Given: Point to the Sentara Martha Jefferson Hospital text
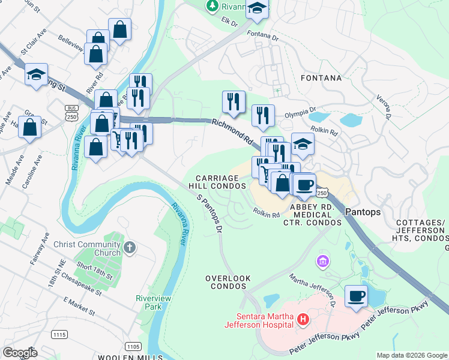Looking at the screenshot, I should point(258,320).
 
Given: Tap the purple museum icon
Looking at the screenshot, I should point(323,262).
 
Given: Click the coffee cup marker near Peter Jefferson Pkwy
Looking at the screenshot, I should point(357,296).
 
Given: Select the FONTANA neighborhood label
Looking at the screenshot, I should point(321,78).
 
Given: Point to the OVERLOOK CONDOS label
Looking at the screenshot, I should point(226,282).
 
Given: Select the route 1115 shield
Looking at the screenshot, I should point(59,334).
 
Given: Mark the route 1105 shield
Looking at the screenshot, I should point(133,346).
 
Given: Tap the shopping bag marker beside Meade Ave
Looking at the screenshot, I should point(29,127).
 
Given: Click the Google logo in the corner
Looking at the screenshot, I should point(20,353).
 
